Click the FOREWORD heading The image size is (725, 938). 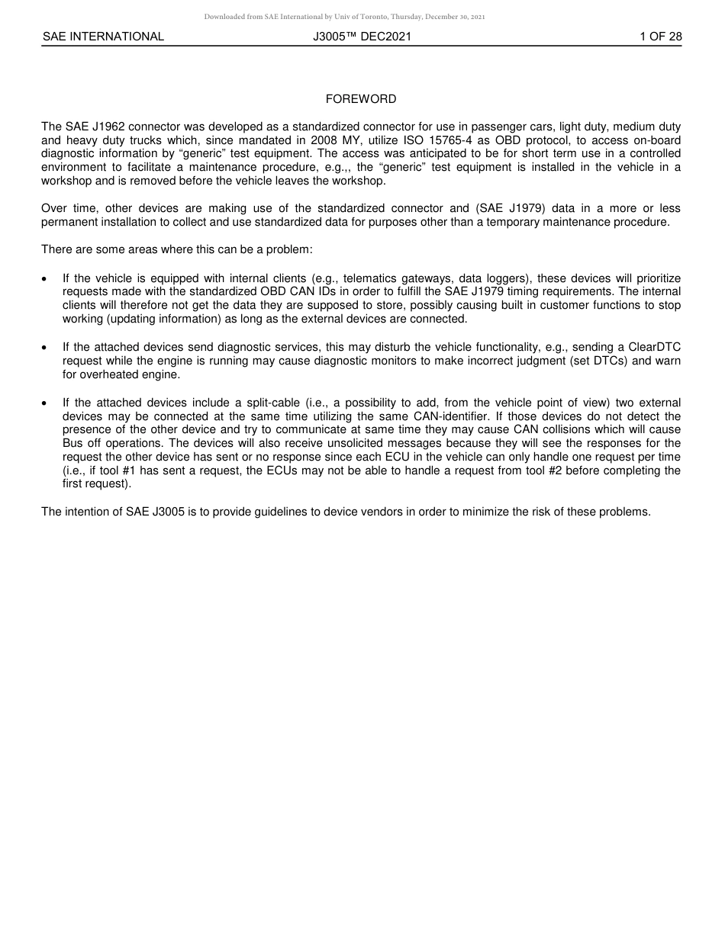tap(361, 99)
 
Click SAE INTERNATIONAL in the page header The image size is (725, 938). tap(103, 37)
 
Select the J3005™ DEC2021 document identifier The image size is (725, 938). tap(362, 37)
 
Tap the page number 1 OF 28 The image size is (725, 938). tap(661, 37)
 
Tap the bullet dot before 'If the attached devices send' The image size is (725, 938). tap(45, 348)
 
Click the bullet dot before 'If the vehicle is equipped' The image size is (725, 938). tap(45, 279)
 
